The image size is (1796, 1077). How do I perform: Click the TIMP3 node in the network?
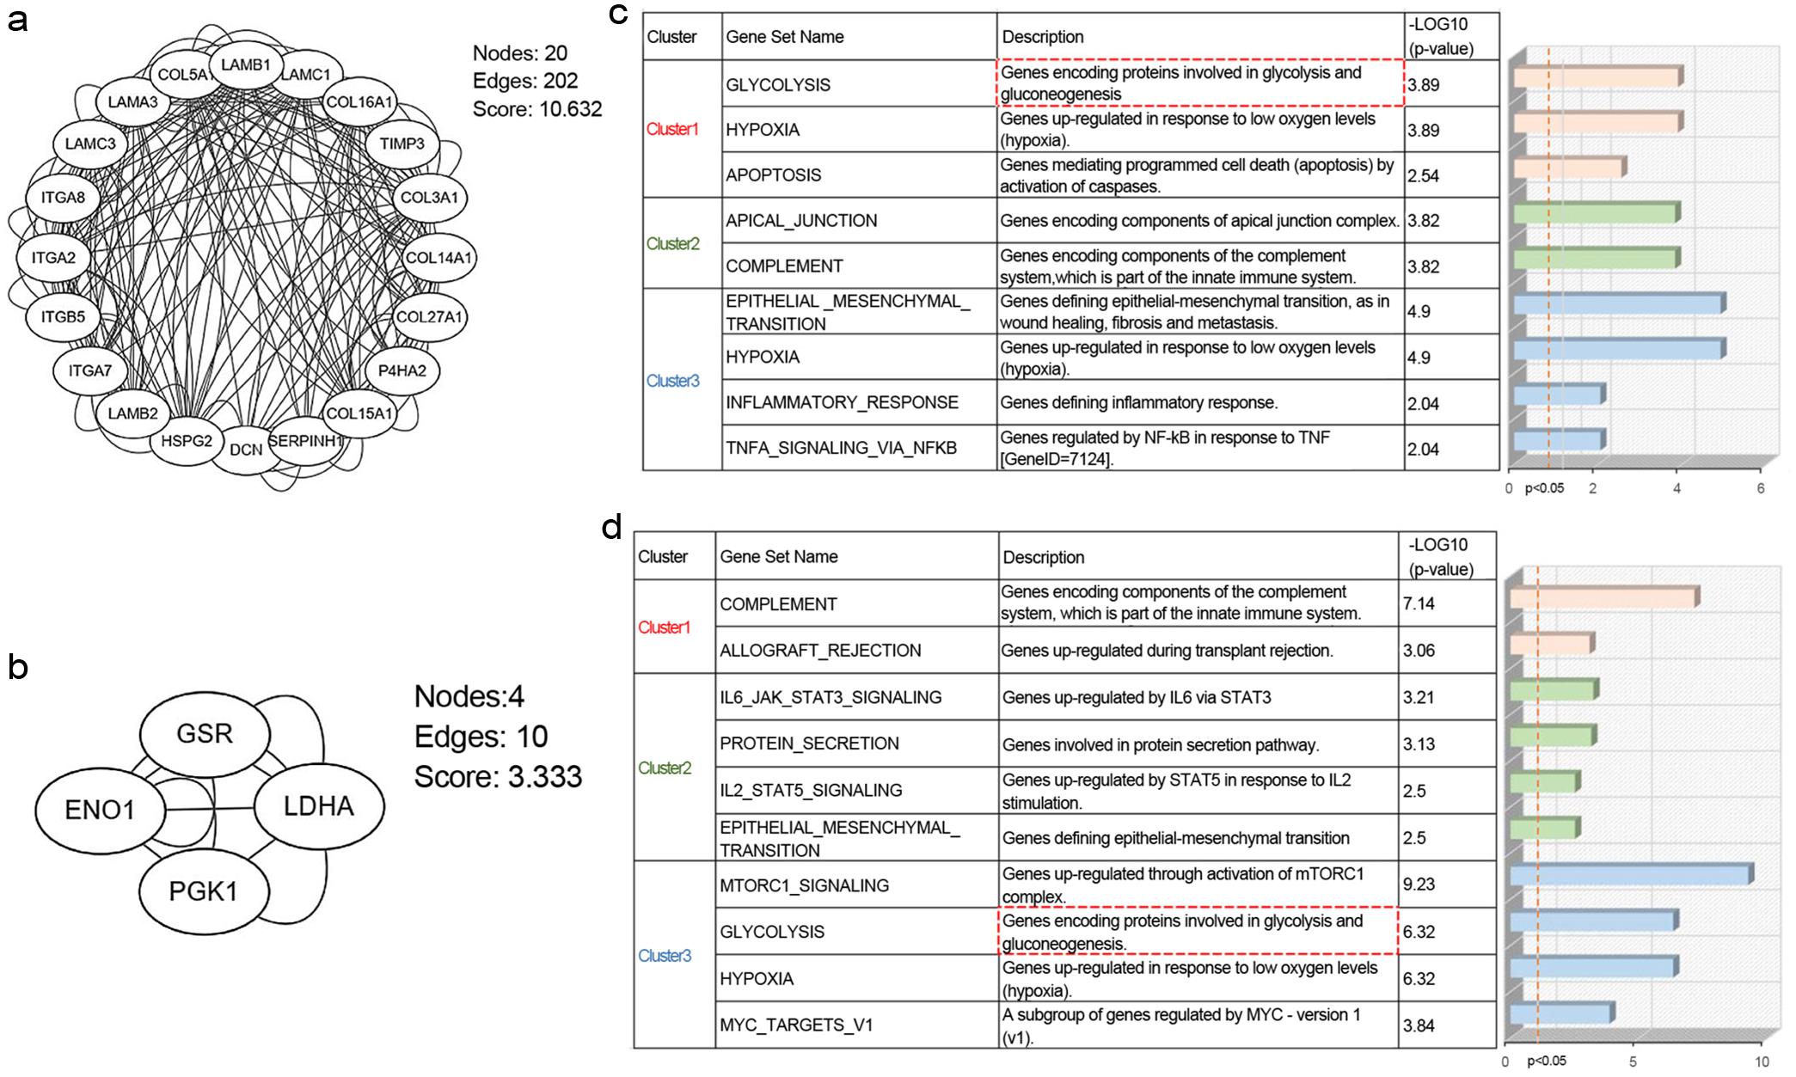tap(402, 144)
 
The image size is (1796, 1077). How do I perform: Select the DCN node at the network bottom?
tap(246, 449)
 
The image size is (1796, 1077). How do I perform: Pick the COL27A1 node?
tap(429, 316)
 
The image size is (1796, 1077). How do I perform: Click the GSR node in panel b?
tap(205, 733)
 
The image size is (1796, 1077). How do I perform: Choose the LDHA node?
tap(319, 806)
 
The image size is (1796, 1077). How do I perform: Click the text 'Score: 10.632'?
tap(537, 109)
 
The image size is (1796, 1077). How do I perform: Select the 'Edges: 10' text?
tap(481, 737)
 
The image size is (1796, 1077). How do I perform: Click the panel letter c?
tap(619, 15)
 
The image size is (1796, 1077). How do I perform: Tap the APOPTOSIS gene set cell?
tap(774, 175)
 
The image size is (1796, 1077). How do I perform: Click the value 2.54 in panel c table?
tap(1424, 175)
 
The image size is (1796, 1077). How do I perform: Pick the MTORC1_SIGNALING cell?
tap(804, 885)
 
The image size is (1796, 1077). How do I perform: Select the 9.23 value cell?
tap(1419, 884)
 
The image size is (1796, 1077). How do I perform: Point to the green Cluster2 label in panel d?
tap(665, 768)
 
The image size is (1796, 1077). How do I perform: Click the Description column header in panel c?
tap(1043, 37)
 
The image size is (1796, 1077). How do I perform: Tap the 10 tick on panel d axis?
tap(1761, 1062)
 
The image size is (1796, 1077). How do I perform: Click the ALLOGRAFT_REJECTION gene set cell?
tap(820, 651)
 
